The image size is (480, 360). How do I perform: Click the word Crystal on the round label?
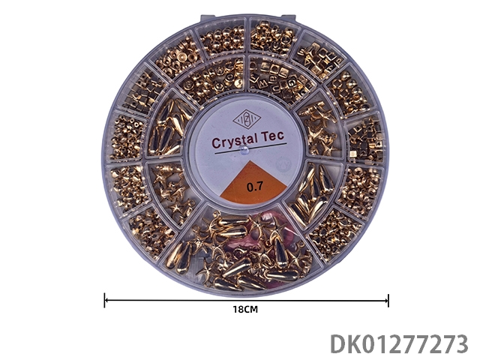(x=233, y=141)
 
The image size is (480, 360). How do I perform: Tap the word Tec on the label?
(x=272, y=136)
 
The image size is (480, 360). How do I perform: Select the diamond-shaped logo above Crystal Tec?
(x=247, y=120)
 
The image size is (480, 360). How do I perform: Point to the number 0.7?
(x=255, y=187)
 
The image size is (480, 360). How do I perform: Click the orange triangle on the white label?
(x=253, y=184)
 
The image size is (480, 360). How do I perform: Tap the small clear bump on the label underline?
(x=244, y=150)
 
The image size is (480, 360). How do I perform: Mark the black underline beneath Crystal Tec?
(x=250, y=148)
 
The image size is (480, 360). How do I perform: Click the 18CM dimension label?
(x=245, y=310)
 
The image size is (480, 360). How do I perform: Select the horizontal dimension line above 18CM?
(x=247, y=301)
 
